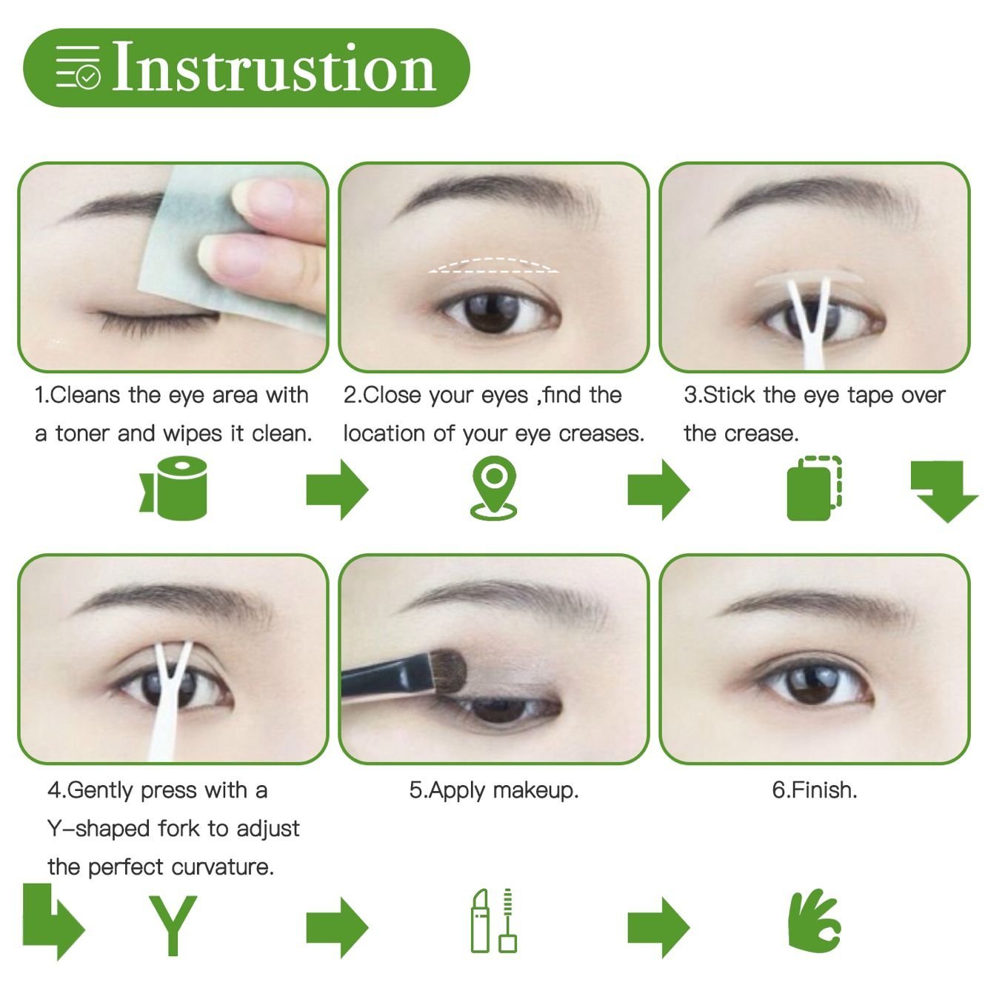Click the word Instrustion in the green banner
coord(274,68)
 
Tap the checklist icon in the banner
coord(78,68)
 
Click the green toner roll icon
coord(175,487)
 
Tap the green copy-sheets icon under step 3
coord(813,489)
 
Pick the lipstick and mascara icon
coord(494,921)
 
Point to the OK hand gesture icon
coord(814,922)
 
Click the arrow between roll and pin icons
coord(337,489)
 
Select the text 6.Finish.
coord(814,790)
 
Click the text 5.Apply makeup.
coord(494,790)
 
